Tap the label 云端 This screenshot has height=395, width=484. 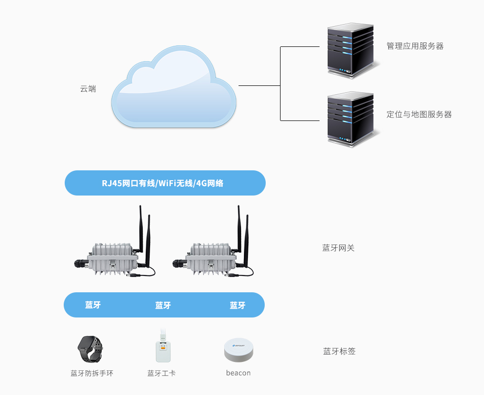pos(88,89)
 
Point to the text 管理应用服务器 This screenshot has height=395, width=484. pos(415,46)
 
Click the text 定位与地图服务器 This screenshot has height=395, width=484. pos(419,115)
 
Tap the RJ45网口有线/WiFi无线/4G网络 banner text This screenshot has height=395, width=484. pos(162,183)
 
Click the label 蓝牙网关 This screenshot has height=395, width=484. pos(338,248)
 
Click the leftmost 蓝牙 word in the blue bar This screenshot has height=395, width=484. pos(93,305)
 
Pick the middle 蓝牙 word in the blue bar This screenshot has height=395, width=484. pos(163,306)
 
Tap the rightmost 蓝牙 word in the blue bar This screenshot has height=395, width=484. pos(238,306)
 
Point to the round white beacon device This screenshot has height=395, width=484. pos(239,350)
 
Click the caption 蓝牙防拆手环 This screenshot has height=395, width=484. pos(92,373)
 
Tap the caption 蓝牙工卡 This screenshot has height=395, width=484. pos(161,373)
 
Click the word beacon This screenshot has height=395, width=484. pos(239,373)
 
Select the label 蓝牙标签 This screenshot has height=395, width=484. pos(339,352)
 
